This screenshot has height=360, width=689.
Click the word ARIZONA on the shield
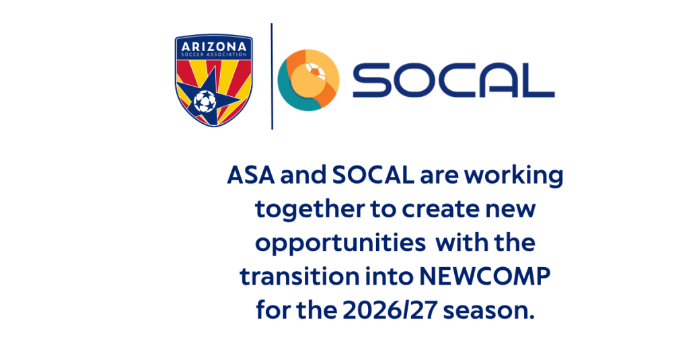tap(213, 46)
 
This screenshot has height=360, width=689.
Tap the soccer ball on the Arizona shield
tap(205, 101)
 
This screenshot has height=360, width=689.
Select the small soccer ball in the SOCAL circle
tap(316, 71)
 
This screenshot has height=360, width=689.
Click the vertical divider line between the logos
tap(272, 76)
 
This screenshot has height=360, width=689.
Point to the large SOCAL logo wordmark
tap(454, 81)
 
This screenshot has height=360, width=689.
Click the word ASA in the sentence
tap(251, 175)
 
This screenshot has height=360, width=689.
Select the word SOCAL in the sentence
tap(373, 175)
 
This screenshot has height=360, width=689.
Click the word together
tap(310, 210)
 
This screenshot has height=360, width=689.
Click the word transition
tap(299, 277)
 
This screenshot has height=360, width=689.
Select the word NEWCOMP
tap(484, 277)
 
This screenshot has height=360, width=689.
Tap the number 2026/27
tap(390, 311)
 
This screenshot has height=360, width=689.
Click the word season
tap(488, 312)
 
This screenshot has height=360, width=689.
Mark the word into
tap(390, 277)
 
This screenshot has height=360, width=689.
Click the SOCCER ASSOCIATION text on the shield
tap(213, 55)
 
